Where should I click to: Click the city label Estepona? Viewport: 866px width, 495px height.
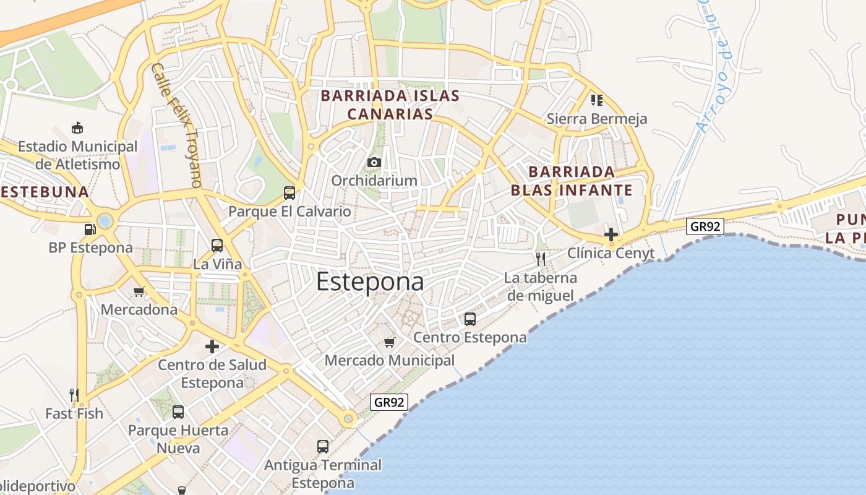(x=370, y=282)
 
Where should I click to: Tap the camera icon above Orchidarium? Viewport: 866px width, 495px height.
(x=374, y=163)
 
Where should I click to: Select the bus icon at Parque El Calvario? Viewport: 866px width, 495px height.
(x=289, y=192)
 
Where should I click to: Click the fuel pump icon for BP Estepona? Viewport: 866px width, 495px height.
(x=90, y=230)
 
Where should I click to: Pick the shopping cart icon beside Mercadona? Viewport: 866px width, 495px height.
(x=139, y=291)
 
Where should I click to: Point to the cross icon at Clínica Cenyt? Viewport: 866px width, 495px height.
(x=611, y=235)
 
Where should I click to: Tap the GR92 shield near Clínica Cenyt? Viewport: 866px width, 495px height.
(x=705, y=226)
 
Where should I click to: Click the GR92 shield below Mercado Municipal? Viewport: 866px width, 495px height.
(x=390, y=402)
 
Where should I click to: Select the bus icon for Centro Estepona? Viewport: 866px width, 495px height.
(x=470, y=319)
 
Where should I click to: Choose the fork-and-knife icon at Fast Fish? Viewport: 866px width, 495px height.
(x=74, y=395)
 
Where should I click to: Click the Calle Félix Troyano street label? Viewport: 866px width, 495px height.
(x=177, y=125)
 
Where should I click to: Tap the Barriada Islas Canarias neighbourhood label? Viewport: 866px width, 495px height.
(x=390, y=105)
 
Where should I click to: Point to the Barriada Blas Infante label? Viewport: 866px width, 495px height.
(x=572, y=181)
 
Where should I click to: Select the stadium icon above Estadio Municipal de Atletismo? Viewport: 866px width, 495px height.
(x=77, y=128)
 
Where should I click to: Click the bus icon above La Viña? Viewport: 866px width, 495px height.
(x=217, y=245)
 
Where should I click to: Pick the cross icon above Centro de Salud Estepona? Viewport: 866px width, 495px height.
(x=212, y=346)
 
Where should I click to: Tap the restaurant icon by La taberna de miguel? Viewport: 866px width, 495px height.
(x=541, y=259)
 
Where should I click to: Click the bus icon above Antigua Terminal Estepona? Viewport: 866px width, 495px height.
(x=323, y=446)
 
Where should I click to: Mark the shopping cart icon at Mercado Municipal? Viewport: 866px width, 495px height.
(x=389, y=342)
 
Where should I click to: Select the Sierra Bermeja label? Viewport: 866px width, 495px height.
(x=597, y=119)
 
